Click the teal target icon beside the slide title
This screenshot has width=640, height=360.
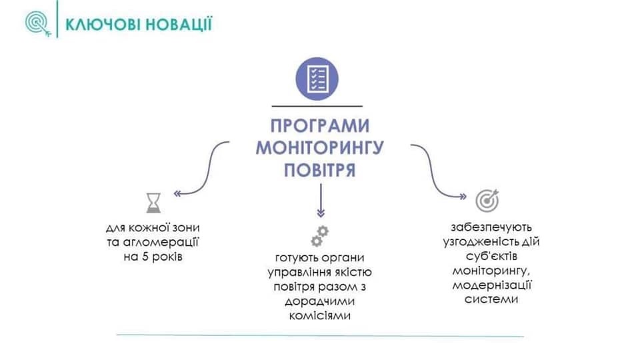(38, 24)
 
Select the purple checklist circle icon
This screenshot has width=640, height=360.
(317, 79)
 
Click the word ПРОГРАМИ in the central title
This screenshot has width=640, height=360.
(319, 126)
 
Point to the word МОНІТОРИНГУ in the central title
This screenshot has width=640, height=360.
(319, 148)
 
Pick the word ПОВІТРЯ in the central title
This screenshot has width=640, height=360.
(319, 170)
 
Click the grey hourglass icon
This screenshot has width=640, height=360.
(153, 203)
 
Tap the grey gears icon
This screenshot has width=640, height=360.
(319, 236)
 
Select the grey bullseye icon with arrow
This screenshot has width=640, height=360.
(487, 201)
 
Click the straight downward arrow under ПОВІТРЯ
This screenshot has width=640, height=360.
(321, 201)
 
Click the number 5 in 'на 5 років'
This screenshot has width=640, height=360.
(145, 257)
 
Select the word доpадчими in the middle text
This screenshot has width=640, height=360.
(319, 301)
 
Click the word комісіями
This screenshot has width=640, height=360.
(319, 316)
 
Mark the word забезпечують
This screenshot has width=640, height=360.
(491, 227)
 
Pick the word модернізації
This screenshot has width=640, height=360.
(491, 285)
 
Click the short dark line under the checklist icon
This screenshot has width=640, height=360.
(317, 106)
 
